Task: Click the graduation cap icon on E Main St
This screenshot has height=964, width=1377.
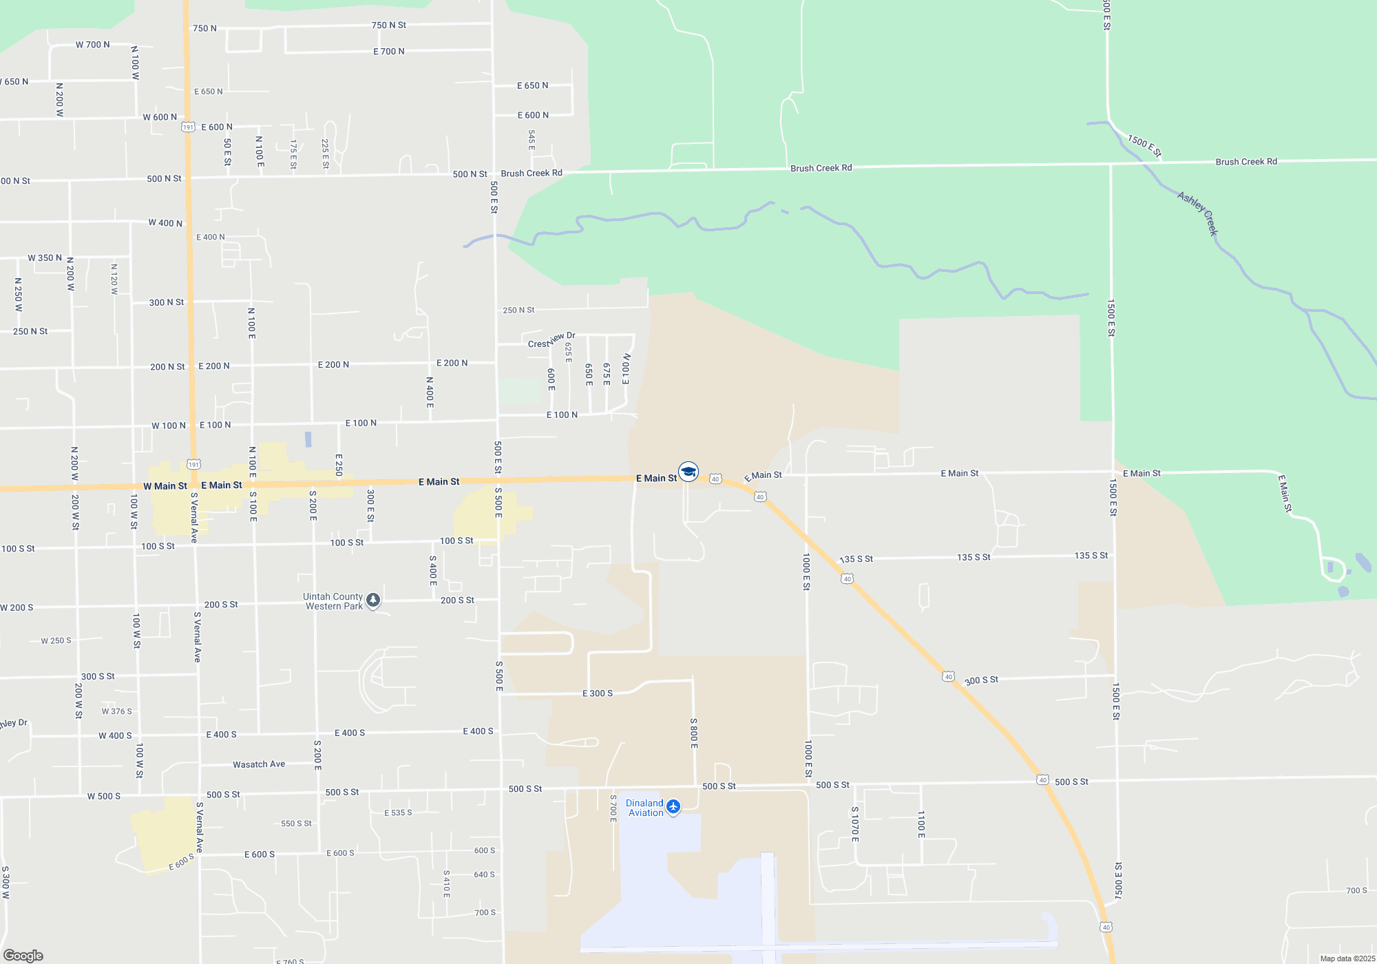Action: tap(688, 472)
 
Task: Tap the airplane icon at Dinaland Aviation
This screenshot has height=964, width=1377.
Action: tap(673, 806)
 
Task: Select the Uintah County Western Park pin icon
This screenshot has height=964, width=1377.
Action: tap(373, 600)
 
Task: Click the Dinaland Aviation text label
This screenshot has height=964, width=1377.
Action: tap(644, 808)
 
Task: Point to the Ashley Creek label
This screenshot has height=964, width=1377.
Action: tap(1198, 213)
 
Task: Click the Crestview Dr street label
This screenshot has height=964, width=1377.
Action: tap(551, 340)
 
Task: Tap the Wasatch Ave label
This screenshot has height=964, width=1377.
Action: tap(259, 764)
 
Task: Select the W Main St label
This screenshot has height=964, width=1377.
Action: tap(165, 486)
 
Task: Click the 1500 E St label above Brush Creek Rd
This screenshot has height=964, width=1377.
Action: tap(1144, 146)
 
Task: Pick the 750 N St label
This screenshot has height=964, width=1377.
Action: tap(389, 25)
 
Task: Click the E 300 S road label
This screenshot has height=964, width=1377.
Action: tap(598, 693)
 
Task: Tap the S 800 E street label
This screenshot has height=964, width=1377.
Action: tap(694, 733)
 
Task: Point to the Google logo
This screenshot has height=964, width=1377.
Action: tap(23, 956)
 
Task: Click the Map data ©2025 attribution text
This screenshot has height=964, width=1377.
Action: tap(1347, 958)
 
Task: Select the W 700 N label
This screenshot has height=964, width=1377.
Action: tap(93, 45)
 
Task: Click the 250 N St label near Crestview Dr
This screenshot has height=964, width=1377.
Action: tap(518, 311)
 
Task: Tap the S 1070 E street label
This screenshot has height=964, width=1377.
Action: tap(855, 824)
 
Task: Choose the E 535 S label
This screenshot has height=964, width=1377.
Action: tap(398, 813)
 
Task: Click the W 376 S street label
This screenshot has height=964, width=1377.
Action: tap(117, 712)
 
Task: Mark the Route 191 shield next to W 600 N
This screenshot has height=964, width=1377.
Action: tap(188, 127)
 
